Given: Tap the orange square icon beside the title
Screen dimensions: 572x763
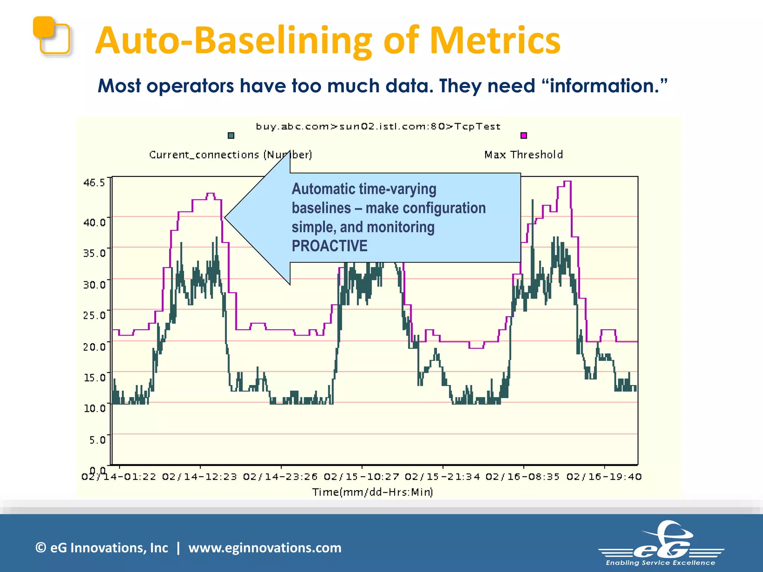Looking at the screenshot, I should click(x=51, y=36).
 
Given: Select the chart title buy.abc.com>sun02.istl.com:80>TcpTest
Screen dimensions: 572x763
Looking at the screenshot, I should click(x=378, y=127).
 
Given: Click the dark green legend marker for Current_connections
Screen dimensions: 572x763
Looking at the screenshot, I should click(x=231, y=136).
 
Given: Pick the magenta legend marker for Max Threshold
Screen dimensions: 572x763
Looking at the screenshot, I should click(x=523, y=136).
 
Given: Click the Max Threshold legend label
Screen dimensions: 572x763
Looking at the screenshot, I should click(x=523, y=155).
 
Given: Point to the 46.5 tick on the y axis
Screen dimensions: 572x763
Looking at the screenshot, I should click(x=94, y=182).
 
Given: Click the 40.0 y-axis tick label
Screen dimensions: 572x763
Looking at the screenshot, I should click(x=94, y=222).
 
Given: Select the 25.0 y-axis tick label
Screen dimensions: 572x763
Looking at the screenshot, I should click(x=94, y=315).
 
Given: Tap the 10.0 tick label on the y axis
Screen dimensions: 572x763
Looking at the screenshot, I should click(x=94, y=409).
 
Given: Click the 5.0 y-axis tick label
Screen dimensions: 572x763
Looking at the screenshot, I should click(x=97, y=440).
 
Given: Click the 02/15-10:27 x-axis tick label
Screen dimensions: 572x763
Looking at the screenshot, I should click(x=361, y=477).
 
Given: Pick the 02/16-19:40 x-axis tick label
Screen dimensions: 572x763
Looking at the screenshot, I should click(x=604, y=477).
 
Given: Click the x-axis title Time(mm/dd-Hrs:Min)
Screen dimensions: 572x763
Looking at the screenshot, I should click(x=373, y=492).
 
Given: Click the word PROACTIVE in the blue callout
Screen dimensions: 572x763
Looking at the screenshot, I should click(x=329, y=246).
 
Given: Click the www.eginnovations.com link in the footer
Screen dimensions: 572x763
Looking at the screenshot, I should click(x=265, y=548).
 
